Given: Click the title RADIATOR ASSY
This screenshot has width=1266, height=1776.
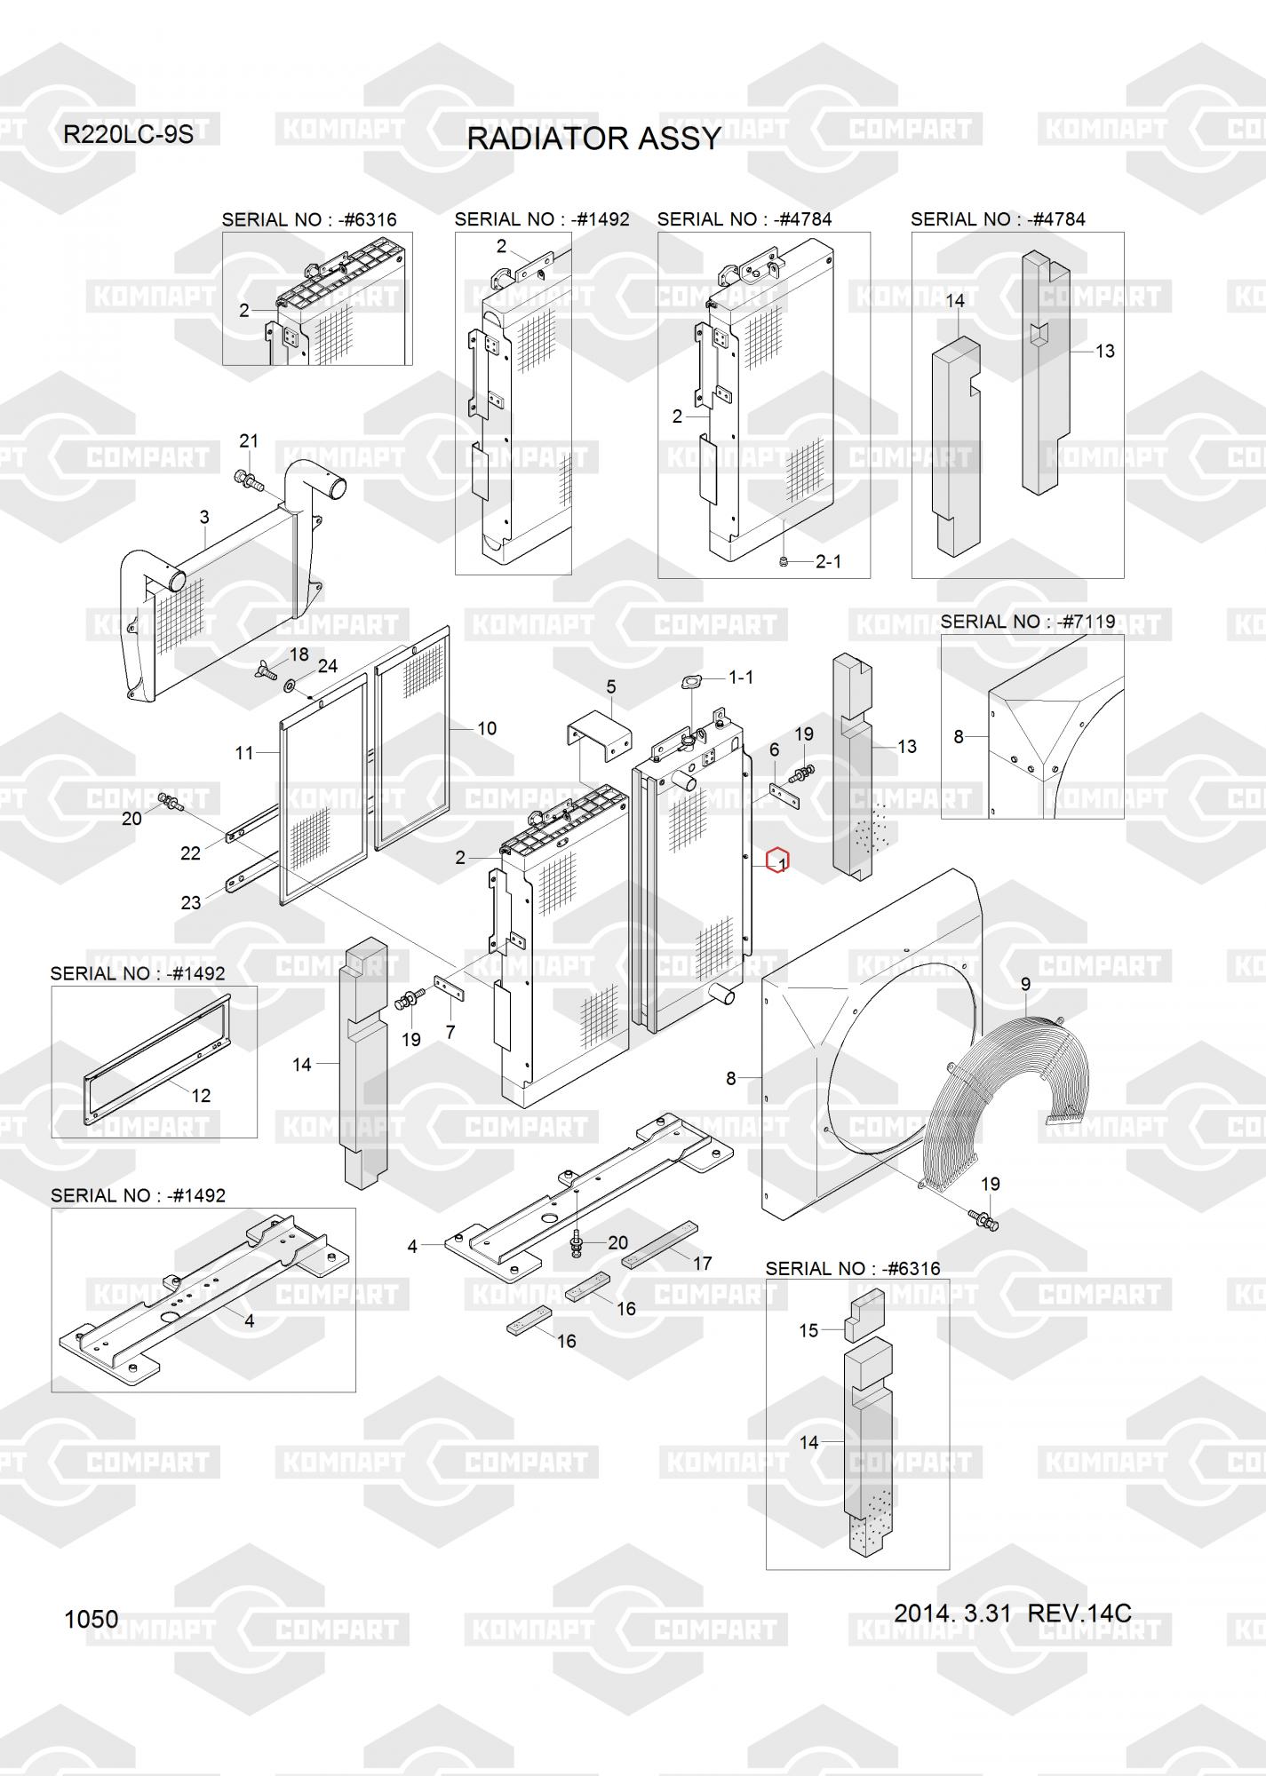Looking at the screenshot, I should [x=593, y=139].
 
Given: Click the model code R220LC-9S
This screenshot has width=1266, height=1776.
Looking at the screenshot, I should [x=128, y=135].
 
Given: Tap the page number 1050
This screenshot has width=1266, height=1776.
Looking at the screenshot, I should [x=91, y=1619].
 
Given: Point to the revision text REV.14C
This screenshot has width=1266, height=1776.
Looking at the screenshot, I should [x=1079, y=1613].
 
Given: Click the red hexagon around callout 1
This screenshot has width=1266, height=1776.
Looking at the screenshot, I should [x=777, y=860].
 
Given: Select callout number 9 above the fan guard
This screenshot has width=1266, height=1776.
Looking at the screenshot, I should [x=1025, y=984].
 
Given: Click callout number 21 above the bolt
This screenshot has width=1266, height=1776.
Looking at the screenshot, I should [x=249, y=440].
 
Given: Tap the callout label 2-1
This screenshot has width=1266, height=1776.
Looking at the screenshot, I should [x=828, y=561].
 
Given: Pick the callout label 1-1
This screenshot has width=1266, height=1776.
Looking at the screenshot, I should [x=741, y=678].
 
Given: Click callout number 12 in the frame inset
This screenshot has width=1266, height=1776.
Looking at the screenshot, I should [x=202, y=1095].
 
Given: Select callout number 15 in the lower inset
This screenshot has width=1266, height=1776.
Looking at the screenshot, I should [x=808, y=1330].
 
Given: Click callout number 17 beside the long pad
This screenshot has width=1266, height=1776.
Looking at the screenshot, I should [x=702, y=1263].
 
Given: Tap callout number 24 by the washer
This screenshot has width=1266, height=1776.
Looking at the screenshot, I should [x=328, y=665].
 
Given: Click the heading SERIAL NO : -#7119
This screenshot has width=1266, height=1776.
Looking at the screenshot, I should [x=1027, y=622].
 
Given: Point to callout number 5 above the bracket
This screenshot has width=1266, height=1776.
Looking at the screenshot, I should [x=611, y=686].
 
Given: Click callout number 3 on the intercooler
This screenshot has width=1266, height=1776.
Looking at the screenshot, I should [x=204, y=517].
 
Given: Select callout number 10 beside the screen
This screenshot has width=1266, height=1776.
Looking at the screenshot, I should [x=487, y=728].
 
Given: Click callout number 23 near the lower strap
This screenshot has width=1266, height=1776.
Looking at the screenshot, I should [x=191, y=902].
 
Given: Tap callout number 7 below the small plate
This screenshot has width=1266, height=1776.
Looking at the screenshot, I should [x=450, y=1032].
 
